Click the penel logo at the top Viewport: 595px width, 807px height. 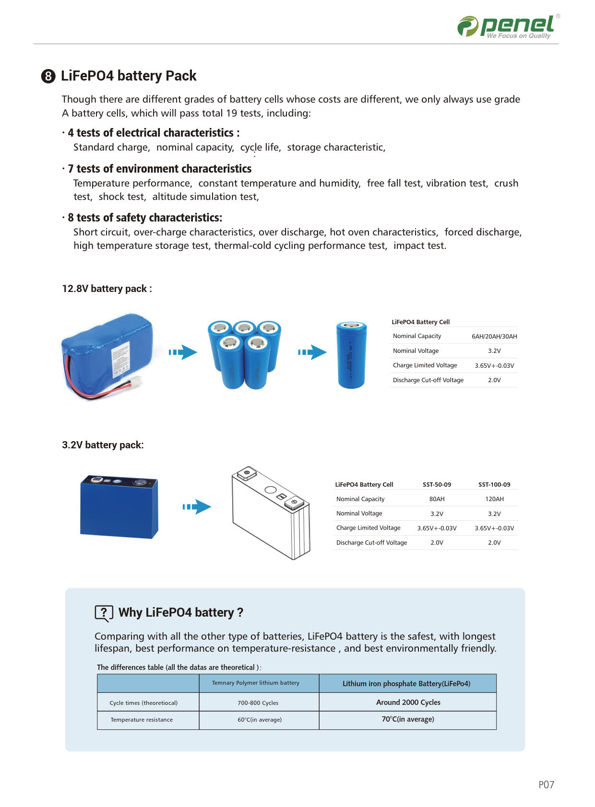click(508, 26)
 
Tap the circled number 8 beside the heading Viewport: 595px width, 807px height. click(48, 76)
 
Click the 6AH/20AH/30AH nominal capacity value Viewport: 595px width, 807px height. click(494, 337)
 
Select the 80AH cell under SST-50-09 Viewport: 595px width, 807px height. click(437, 499)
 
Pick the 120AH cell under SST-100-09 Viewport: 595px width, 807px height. click(494, 499)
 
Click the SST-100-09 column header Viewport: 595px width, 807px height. click(494, 485)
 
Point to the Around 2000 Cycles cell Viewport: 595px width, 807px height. click(408, 702)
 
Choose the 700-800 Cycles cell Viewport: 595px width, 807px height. click(258, 703)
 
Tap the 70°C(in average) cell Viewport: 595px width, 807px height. click(408, 719)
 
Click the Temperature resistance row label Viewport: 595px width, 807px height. click(142, 720)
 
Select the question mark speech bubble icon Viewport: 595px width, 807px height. click(104, 613)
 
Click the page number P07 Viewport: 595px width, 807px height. click(546, 785)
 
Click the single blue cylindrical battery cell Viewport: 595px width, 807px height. click(351, 355)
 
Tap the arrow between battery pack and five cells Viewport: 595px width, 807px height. click(183, 352)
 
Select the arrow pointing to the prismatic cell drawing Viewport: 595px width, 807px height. click(197, 507)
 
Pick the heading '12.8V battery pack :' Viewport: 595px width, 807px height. click(107, 289)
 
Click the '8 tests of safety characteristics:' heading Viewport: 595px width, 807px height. click(144, 218)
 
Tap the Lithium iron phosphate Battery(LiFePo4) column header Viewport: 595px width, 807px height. click(406, 684)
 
